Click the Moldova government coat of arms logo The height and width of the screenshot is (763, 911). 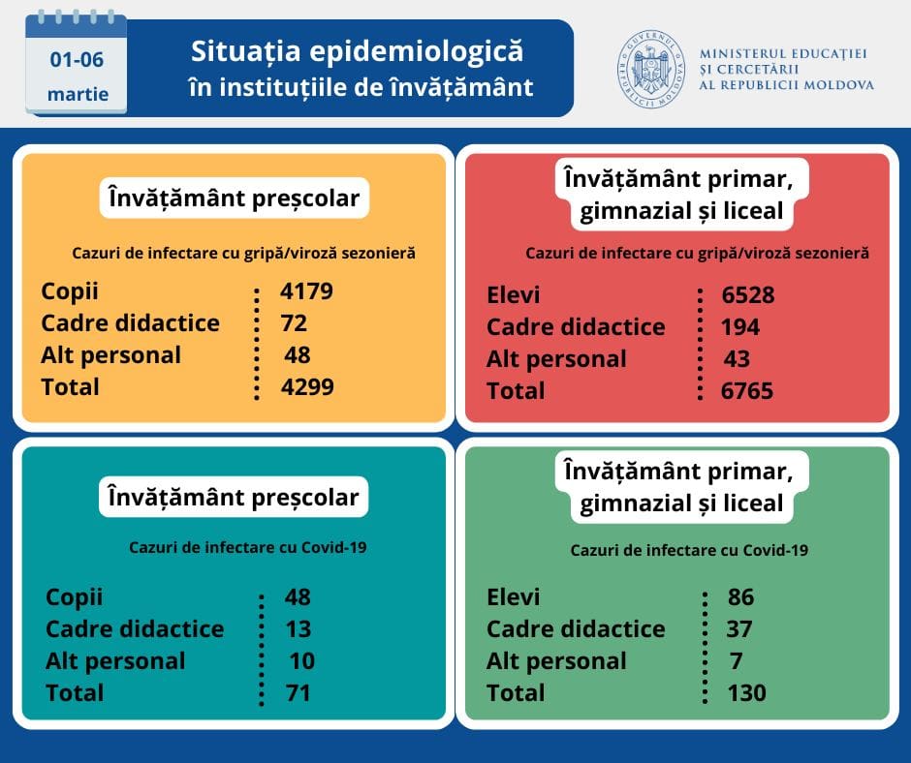click(x=650, y=70)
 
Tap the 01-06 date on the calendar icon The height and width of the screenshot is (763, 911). click(x=77, y=59)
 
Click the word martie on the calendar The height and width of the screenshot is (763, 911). click(x=78, y=95)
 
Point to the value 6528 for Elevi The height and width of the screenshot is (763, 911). click(x=748, y=295)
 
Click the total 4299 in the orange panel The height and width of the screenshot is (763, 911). click(x=306, y=386)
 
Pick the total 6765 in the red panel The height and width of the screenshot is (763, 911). click(x=747, y=390)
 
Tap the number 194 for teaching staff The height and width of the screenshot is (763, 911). click(x=740, y=327)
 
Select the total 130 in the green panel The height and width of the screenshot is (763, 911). click(x=746, y=692)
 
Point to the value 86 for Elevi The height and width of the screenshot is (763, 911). click(x=740, y=597)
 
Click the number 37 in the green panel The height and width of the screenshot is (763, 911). click(x=739, y=629)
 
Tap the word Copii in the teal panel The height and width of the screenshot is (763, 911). click(x=74, y=597)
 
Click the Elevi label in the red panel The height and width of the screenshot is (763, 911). click(x=514, y=295)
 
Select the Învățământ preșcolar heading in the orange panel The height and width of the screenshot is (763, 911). click(x=234, y=199)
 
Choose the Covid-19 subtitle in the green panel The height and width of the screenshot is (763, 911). click(x=689, y=550)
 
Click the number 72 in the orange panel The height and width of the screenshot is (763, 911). click(x=294, y=322)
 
